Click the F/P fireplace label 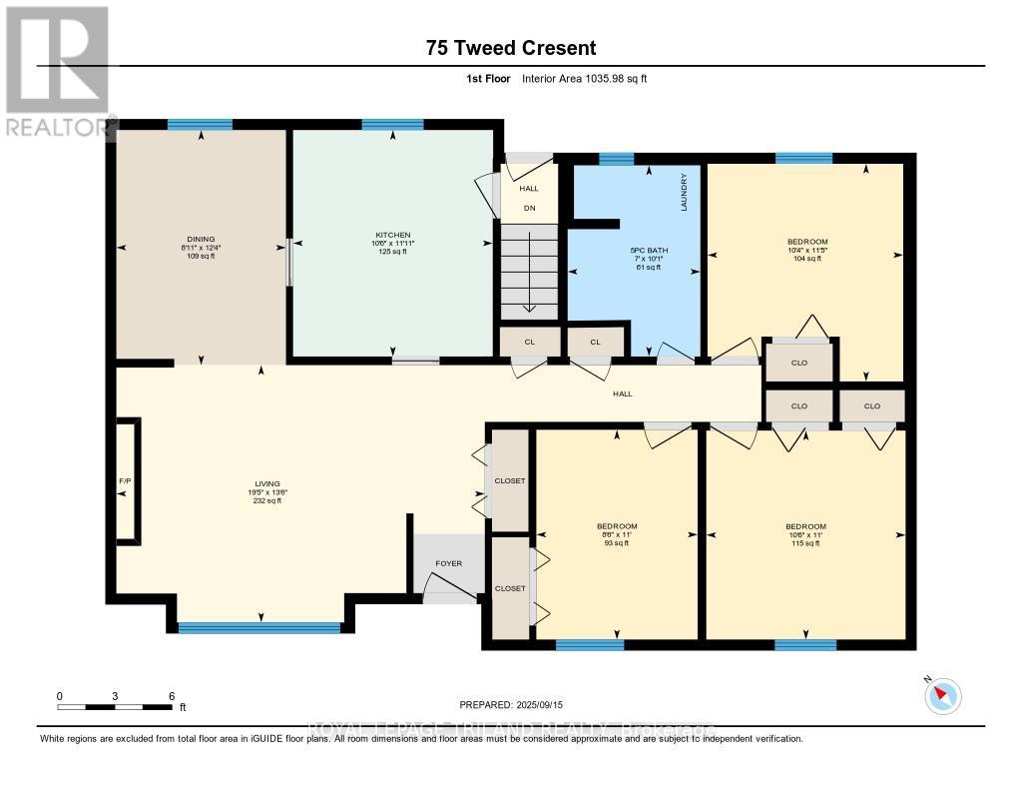click(x=125, y=482)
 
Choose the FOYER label click(x=448, y=563)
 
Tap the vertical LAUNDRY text click(x=685, y=193)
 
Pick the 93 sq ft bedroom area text click(x=616, y=543)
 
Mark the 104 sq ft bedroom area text click(x=806, y=259)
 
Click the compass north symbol click(x=942, y=695)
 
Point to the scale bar click(x=115, y=707)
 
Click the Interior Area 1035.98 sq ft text click(x=585, y=78)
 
